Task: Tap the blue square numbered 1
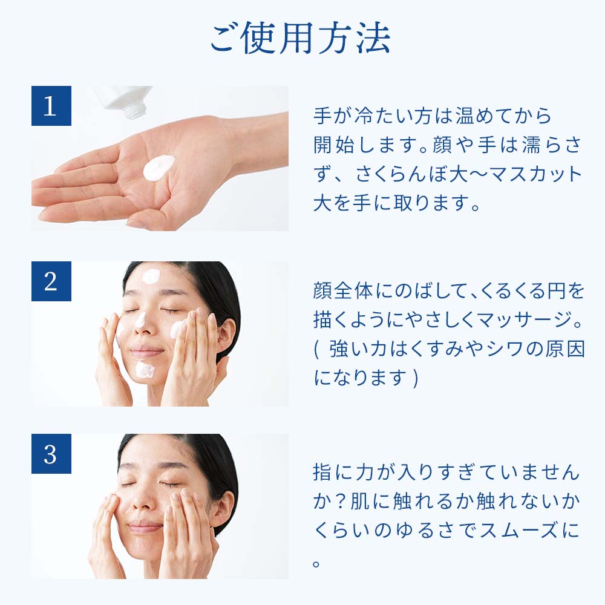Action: (x=51, y=106)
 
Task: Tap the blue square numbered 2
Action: (x=51, y=281)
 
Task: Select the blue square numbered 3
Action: (x=51, y=454)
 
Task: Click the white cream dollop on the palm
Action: (x=159, y=168)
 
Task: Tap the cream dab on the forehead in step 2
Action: (x=151, y=276)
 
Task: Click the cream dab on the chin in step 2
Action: (x=145, y=369)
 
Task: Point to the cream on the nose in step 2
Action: (x=140, y=320)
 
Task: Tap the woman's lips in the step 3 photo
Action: (x=145, y=526)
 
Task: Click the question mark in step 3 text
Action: (x=340, y=502)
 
